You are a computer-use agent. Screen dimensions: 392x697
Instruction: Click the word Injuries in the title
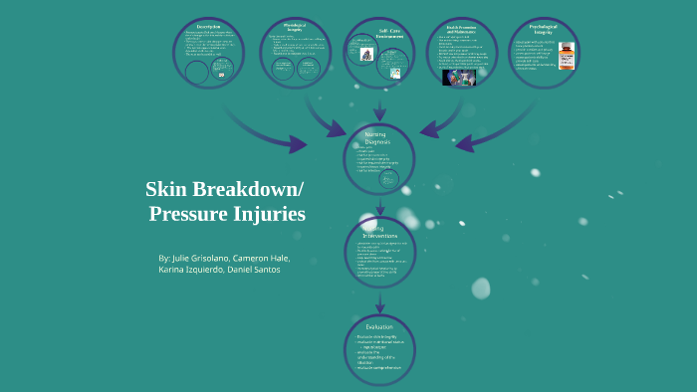pos(269,213)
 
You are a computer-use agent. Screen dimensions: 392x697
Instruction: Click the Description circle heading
pos(209,27)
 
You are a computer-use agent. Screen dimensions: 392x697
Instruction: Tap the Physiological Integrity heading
pos(296,28)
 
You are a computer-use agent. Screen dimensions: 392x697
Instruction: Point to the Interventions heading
pos(379,232)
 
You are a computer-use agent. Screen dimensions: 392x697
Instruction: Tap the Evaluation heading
pos(379,326)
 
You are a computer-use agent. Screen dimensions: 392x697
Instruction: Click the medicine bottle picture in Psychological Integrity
pos(567,56)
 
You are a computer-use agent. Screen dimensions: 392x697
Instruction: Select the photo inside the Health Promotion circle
pos(459,76)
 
